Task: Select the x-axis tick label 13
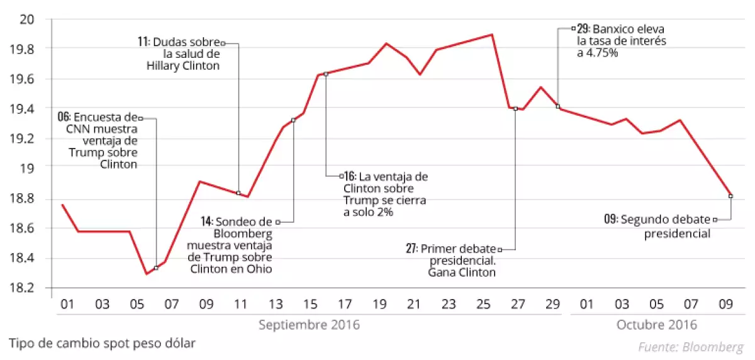point(276,305)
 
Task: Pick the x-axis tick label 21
point(413,305)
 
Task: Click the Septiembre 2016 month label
point(309,325)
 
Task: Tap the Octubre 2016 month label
point(657,325)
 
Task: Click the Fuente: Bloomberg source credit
point(691,347)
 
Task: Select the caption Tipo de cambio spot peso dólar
point(102,343)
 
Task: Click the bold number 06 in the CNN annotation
point(64,117)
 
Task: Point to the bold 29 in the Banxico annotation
point(583,29)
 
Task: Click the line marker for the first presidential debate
point(515,109)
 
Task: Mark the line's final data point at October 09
point(730,196)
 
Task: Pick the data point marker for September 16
point(325,74)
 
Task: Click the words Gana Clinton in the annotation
point(462,273)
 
